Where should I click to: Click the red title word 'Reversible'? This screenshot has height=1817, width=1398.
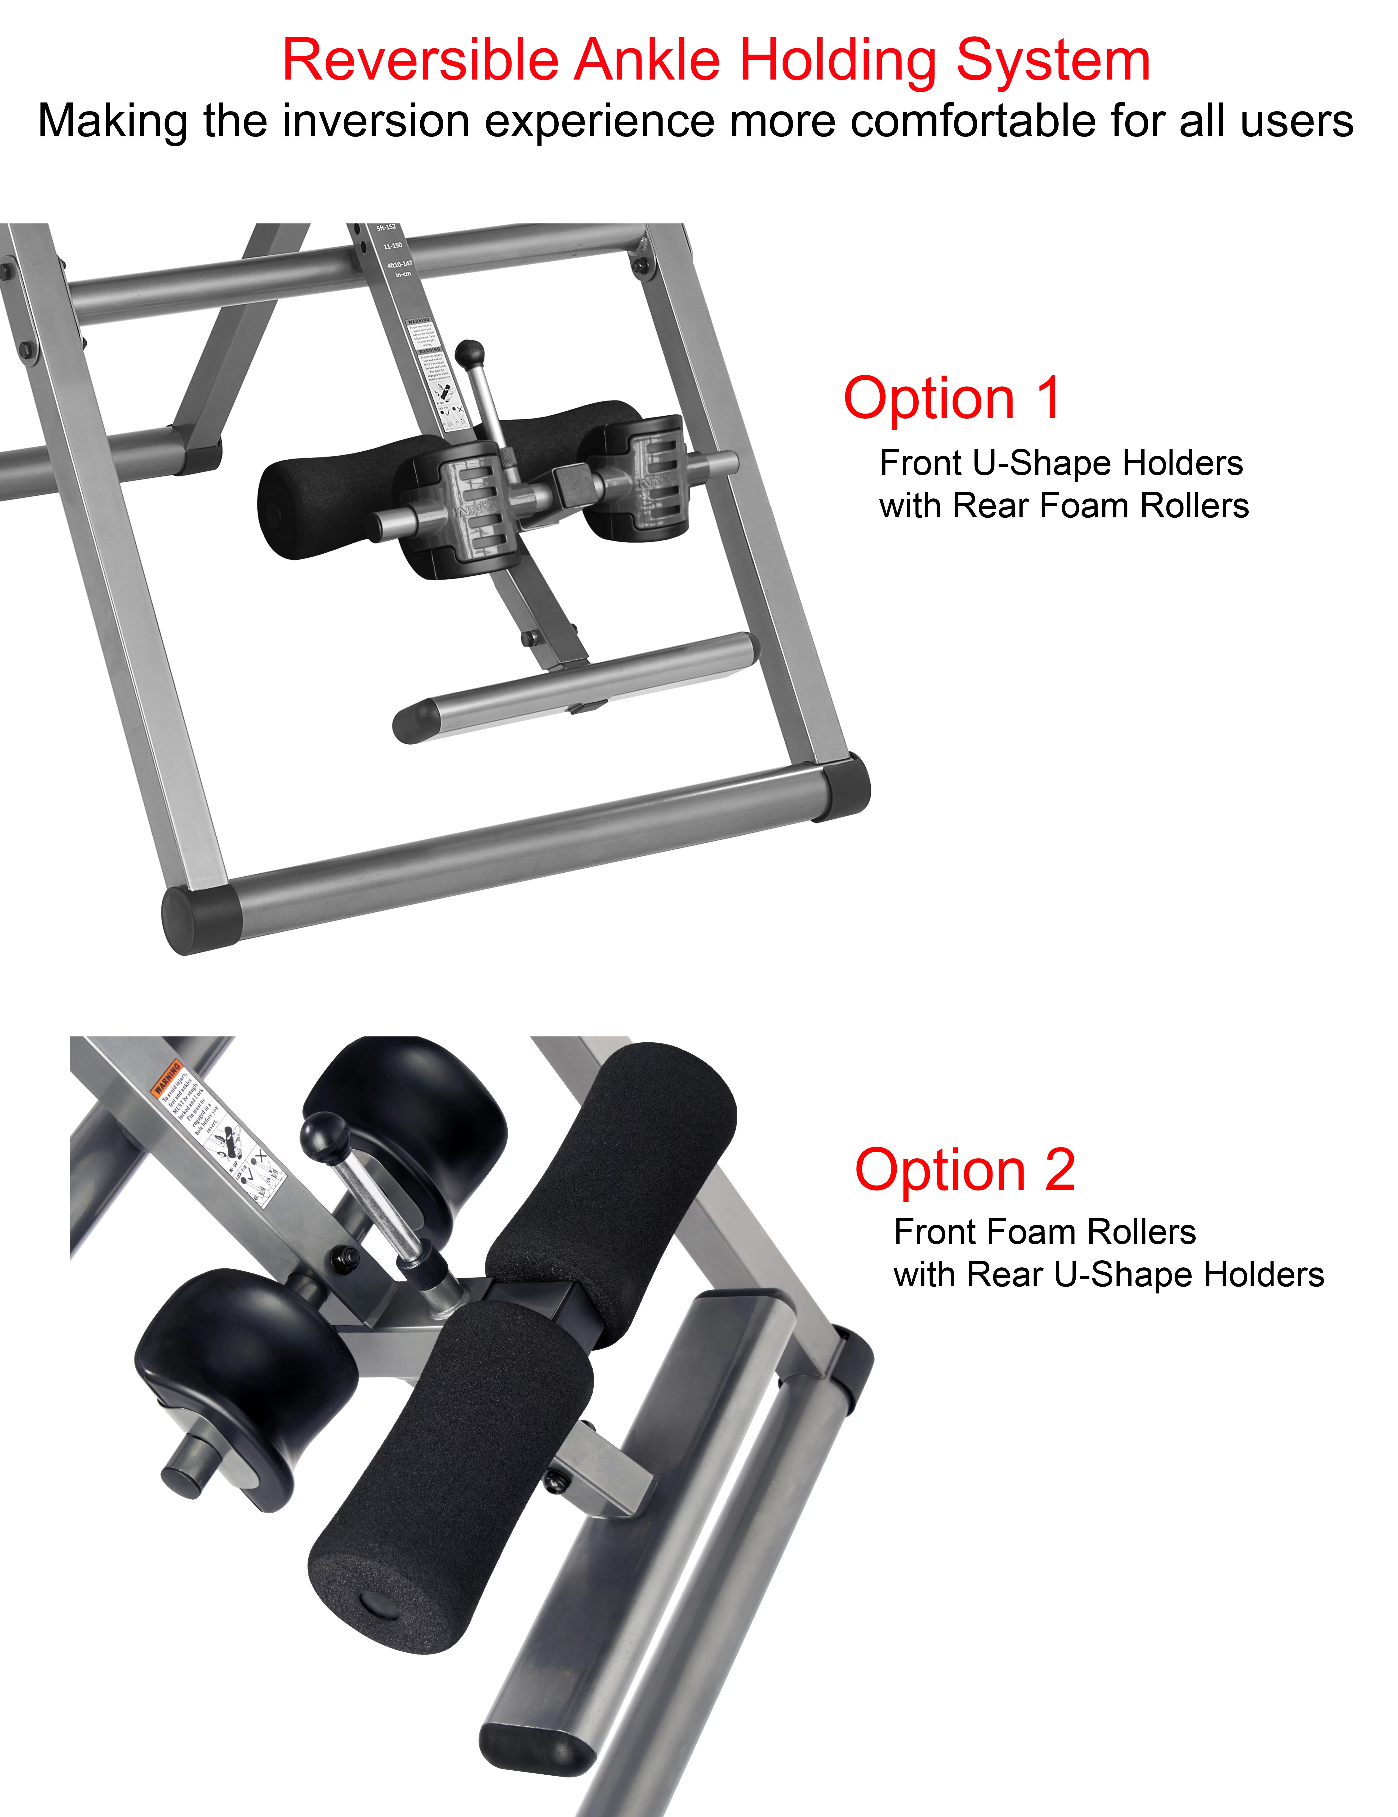[420, 61]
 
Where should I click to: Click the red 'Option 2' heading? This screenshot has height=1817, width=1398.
[965, 1170]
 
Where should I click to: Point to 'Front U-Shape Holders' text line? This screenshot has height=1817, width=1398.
[1061, 463]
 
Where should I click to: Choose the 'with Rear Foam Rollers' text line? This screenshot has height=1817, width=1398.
[1064, 506]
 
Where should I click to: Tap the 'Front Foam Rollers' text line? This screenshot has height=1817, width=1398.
[1044, 1232]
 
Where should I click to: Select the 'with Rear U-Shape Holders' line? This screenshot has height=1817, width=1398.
[1109, 1275]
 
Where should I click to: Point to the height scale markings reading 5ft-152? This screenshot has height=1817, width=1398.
[386, 228]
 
